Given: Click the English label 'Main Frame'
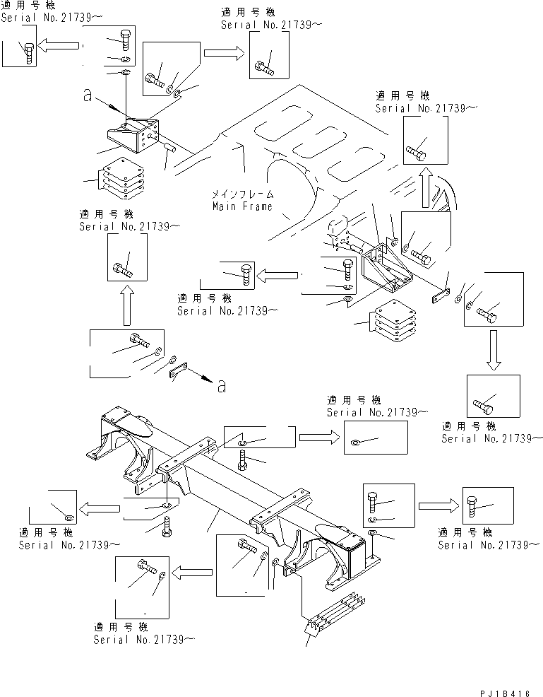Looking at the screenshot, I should pos(242,206).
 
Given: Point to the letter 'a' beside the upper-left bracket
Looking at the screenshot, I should pos(87,98).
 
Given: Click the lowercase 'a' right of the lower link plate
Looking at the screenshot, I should pos(222,385).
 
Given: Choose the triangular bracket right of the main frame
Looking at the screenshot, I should pos(387,269).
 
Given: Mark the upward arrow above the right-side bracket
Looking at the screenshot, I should pos(424,188).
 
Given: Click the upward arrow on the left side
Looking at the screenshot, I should pos(128,303).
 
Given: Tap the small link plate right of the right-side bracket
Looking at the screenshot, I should pos(441,296).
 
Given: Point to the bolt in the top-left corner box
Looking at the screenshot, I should pos(29,53).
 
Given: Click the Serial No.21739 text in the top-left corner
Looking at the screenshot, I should pos(46,18).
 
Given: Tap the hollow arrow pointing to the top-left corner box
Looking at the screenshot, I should pos(58,46).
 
